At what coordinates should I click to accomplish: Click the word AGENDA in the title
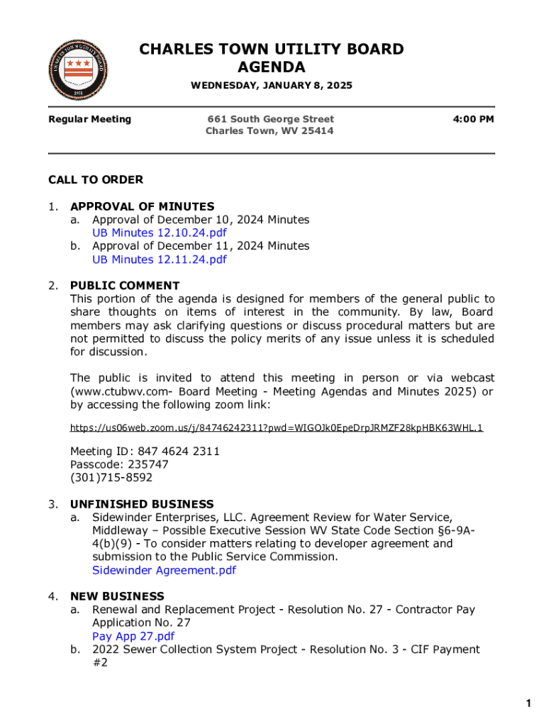coord(272,67)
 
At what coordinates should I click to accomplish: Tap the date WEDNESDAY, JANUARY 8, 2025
coord(272,86)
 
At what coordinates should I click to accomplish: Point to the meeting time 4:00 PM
coord(473,119)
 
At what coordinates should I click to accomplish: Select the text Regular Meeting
coord(89,119)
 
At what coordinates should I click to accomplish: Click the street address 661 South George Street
coord(270,119)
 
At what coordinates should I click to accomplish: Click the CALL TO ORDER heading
coord(96,179)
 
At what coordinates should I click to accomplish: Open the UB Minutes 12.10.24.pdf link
coord(160,233)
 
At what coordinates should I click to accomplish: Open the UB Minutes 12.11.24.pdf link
coord(160,259)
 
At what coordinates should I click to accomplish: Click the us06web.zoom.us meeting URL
coord(277,428)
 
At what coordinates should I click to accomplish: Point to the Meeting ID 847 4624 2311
coord(145,451)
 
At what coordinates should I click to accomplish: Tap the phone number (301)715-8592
coord(111,478)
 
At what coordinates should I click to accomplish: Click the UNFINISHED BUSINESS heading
coord(142,504)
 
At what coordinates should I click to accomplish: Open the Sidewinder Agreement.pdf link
coord(164,570)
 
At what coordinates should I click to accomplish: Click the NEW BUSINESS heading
coord(117,596)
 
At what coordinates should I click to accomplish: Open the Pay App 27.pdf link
coord(133,636)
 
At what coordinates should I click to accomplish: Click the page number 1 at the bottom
coord(528,703)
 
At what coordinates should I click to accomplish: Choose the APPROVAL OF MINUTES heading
coord(142,206)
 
